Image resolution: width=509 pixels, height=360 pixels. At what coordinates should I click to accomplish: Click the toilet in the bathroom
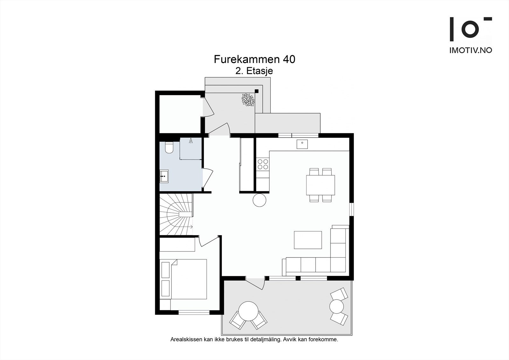pyautogui.click(x=169, y=148)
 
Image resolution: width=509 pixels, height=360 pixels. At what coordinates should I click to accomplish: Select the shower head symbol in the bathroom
pyautogui.click(x=191, y=141)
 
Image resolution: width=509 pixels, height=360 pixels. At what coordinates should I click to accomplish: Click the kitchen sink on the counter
pyautogui.click(x=302, y=144)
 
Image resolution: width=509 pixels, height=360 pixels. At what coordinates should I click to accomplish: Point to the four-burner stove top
pyautogui.click(x=263, y=164)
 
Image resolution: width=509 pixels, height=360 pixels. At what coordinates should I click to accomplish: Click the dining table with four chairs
pyautogui.click(x=320, y=185)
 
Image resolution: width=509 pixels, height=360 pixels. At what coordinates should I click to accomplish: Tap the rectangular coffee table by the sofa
pyautogui.click(x=308, y=240)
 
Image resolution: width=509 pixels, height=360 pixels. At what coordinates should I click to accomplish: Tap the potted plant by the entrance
pyautogui.click(x=248, y=100)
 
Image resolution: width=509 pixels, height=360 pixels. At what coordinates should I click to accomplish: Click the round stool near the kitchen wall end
pyautogui.click(x=259, y=200)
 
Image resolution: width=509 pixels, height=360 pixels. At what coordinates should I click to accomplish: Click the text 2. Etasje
pyautogui.click(x=254, y=71)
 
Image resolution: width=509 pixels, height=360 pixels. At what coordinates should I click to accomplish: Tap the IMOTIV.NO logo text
pyautogui.click(x=471, y=50)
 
